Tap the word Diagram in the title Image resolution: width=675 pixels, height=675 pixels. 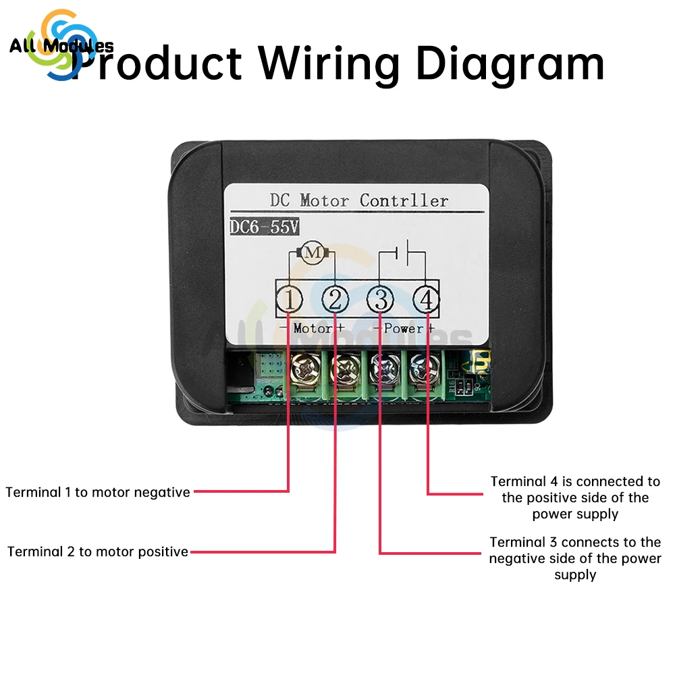click(x=510, y=64)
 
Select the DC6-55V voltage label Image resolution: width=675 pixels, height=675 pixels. click(x=264, y=227)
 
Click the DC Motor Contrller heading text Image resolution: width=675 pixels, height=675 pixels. click(x=358, y=200)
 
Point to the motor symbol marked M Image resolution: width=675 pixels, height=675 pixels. click(x=312, y=253)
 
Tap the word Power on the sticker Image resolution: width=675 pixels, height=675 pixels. click(x=404, y=329)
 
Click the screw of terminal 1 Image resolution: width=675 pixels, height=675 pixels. click(x=301, y=368)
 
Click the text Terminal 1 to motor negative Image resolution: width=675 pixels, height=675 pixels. click(x=98, y=492)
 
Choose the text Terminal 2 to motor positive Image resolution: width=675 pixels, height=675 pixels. click(x=98, y=551)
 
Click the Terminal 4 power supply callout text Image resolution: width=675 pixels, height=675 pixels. click(x=575, y=497)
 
